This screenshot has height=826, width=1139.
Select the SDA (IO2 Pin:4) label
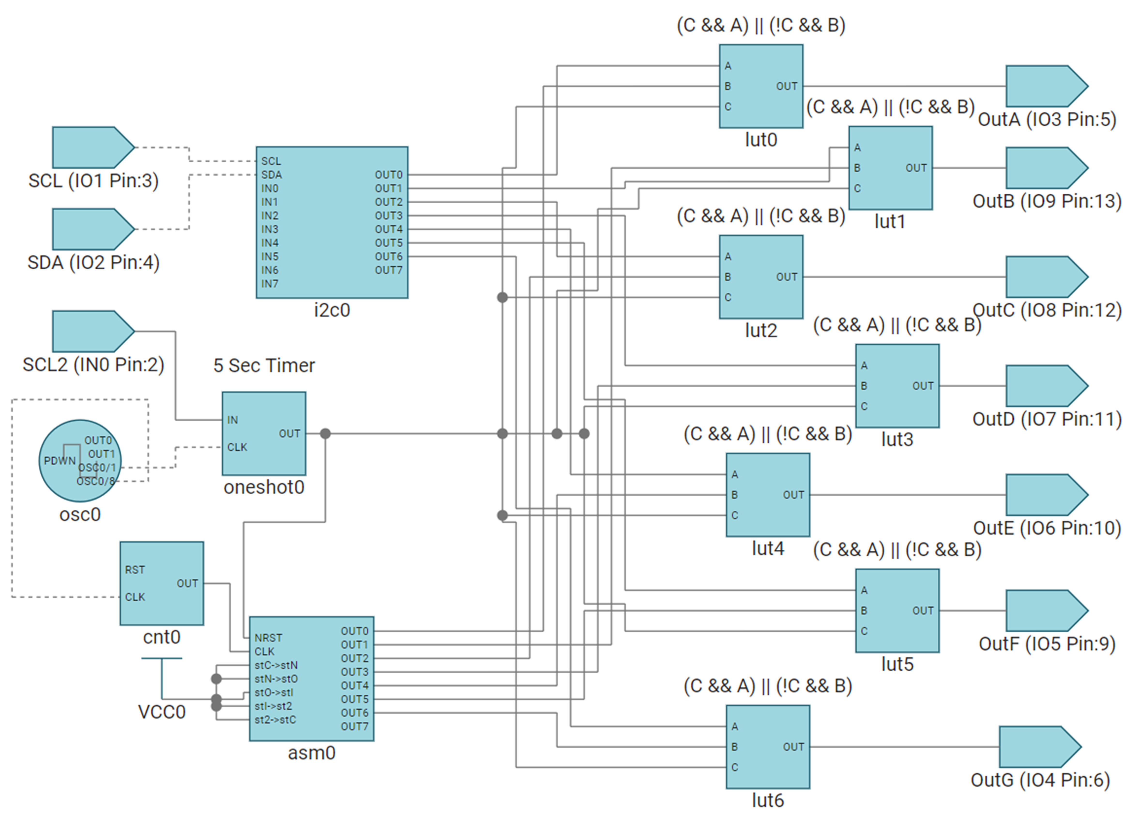[x=93, y=263]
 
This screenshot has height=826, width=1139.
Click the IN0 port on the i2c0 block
[x=270, y=188]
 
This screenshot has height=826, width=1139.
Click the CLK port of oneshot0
[x=237, y=447]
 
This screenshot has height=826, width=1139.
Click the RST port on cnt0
[x=135, y=570]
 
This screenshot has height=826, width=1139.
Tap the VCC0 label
[x=162, y=712]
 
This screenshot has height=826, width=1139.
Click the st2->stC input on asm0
[x=275, y=720]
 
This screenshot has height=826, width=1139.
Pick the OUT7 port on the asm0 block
[x=355, y=727]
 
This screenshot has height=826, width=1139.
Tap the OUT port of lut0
[x=786, y=86]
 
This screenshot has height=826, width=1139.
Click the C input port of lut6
[x=735, y=767]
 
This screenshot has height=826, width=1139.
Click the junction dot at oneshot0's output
[x=326, y=433]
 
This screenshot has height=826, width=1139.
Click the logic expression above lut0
[x=761, y=25]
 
